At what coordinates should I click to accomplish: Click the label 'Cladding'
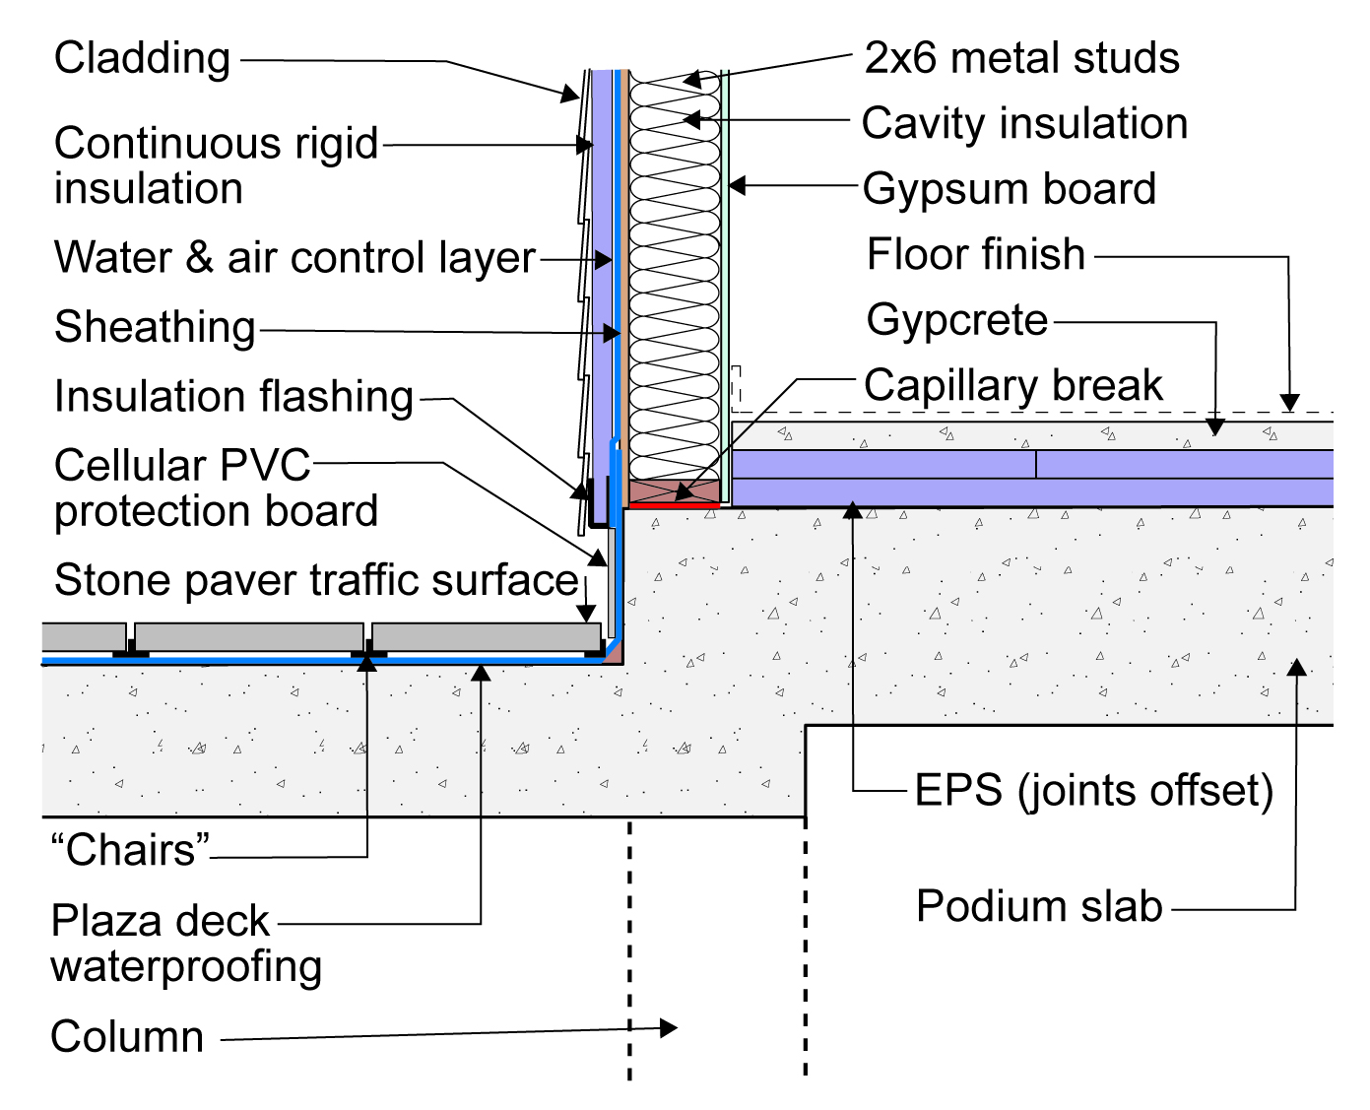(142, 58)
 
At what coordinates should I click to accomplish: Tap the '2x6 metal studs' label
(1021, 58)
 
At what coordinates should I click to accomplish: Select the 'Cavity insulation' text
(1024, 123)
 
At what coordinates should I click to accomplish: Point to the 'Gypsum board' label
(1009, 189)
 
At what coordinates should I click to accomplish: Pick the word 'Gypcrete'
(957, 320)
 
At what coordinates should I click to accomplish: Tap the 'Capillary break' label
(1013, 385)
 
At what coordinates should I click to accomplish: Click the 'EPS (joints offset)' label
(1093, 790)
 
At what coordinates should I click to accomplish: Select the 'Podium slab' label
(1039, 906)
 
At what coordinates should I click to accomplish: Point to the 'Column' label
(127, 1037)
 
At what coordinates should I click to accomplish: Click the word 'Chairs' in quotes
(131, 850)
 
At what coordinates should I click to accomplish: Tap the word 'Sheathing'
(155, 327)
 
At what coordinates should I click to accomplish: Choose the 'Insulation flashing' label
(233, 396)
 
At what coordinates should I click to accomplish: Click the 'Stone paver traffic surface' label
(316, 581)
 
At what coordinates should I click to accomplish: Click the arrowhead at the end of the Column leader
(669, 1027)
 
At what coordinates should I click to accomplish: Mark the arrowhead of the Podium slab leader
(1297, 668)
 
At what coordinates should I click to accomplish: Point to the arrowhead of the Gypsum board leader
(737, 186)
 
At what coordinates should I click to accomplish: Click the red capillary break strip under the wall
(674, 506)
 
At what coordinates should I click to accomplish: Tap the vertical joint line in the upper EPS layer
(1035, 464)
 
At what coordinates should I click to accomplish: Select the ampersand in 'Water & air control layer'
(199, 257)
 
